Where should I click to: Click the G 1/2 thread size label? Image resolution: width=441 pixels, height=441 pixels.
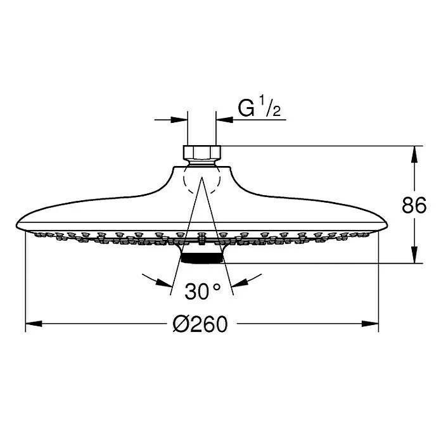[259, 108]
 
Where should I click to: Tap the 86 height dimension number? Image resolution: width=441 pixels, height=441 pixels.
[414, 205]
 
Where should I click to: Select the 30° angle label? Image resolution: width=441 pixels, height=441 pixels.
[203, 291]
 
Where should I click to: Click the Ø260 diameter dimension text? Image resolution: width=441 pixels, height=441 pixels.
[200, 324]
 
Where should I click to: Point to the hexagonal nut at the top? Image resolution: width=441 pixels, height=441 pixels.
[202, 153]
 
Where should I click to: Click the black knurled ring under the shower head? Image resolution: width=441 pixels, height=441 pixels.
[202, 258]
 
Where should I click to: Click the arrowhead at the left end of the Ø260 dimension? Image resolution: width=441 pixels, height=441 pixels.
[34, 324]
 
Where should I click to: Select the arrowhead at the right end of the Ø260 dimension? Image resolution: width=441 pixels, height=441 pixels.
[370, 324]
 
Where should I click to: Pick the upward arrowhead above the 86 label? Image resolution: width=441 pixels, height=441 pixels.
[414, 155]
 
